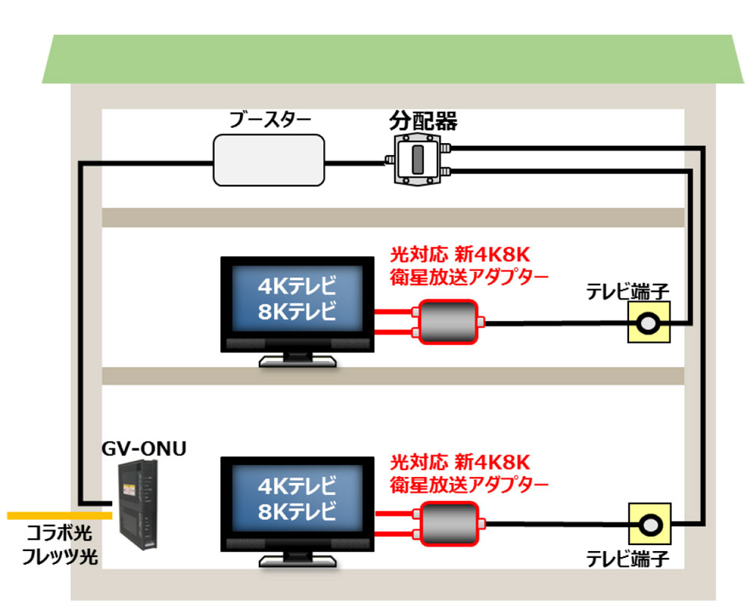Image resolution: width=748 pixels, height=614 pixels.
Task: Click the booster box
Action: pos(269,159)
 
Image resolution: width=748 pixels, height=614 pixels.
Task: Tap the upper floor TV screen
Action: pos(297,300)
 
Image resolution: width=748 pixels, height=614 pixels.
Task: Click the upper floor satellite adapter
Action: pos(447,322)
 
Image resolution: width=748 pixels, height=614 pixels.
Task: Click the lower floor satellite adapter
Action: pos(447,523)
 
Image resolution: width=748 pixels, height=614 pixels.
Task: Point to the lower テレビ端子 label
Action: pos(627,559)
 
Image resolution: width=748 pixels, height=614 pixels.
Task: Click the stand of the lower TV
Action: pos(297,560)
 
